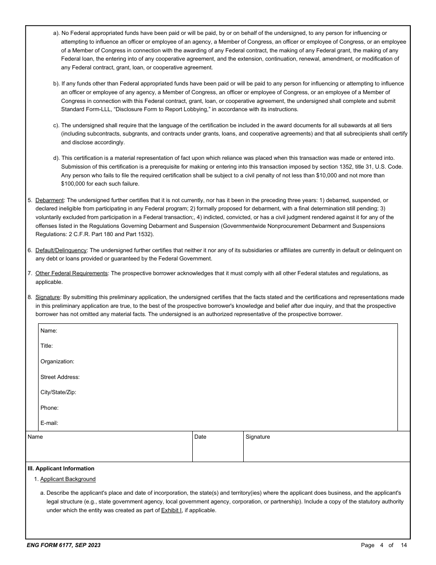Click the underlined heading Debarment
pos(50,200)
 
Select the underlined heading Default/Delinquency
pos(61,250)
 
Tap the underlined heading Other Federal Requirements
pos(71,273)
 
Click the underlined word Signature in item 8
pos(48,297)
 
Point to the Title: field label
pos(46,346)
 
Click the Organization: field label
pos(57,362)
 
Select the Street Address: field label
pos(60,377)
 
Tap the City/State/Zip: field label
pos(58,392)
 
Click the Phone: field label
pos(49,408)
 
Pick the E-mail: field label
pos(49,423)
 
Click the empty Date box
pos(218,450)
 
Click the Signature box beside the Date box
pos(326,450)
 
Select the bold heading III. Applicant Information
pos(61,469)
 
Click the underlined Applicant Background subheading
pos(68,479)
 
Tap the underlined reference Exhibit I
pos(171,510)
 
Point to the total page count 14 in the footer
pos(403,545)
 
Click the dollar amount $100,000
pos(75,184)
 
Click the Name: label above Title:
pos(49,331)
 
